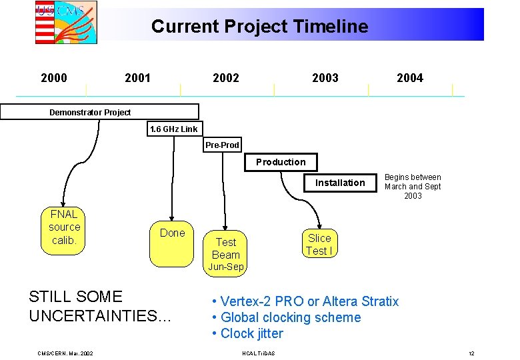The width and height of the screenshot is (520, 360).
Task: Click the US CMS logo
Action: click(x=65, y=22)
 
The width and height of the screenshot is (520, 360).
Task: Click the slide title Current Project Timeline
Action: click(x=259, y=27)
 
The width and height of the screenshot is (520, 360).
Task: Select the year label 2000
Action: click(x=54, y=78)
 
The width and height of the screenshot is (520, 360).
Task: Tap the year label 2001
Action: click(x=137, y=78)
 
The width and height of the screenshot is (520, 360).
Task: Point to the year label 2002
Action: click(x=225, y=78)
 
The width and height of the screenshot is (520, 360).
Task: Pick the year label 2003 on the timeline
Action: click(x=325, y=78)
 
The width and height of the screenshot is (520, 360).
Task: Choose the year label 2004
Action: click(x=409, y=78)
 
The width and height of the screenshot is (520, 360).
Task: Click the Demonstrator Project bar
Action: click(x=99, y=112)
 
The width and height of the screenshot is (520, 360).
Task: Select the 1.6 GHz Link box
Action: click(x=173, y=129)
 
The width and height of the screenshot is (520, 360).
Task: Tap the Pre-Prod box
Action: click(x=222, y=145)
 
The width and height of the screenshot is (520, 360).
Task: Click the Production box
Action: click(x=281, y=162)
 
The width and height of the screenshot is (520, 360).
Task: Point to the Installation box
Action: click(x=340, y=183)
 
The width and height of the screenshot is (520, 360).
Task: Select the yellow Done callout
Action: click(x=172, y=233)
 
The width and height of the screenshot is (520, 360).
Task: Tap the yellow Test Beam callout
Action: click(x=225, y=249)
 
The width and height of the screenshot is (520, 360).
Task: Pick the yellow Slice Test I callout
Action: click(x=319, y=244)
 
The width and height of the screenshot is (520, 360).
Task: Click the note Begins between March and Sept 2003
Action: click(x=413, y=187)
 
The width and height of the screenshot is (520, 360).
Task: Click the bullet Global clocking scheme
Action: click(x=286, y=317)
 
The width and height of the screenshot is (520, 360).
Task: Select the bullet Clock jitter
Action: click(x=247, y=333)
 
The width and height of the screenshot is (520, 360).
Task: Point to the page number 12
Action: click(x=471, y=353)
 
